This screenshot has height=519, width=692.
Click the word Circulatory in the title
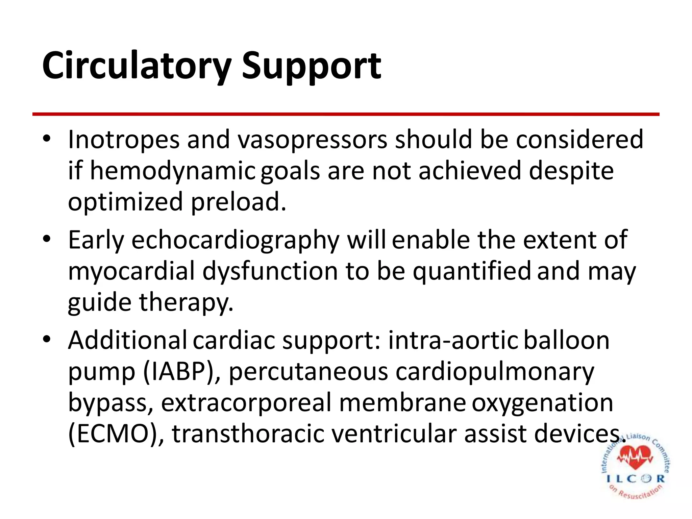[x=137, y=66]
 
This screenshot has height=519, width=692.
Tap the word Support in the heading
[x=311, y=66]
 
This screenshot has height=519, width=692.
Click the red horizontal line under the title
[x=346, y=115]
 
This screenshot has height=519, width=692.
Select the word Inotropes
[x=124, y=140]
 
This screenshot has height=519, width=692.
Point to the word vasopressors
[x=312, y=140]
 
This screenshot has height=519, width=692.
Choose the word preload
[x=238, y=202]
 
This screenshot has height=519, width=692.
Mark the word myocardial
[x=131, y=271]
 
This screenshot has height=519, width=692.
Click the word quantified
[x=471, y=271]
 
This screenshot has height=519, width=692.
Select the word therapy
[x=186, y=302]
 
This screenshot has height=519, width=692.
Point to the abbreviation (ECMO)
[x=116, y=434]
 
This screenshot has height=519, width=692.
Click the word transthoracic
[x=248, y=434]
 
